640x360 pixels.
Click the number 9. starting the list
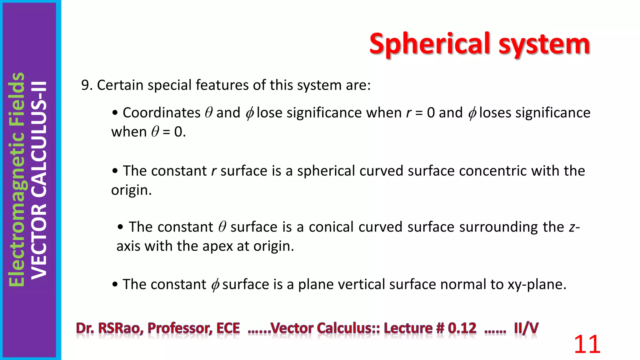click(x=87, y=85)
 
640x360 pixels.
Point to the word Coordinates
click(x=161, y=112)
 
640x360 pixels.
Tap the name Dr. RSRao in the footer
click(x=109, y=328)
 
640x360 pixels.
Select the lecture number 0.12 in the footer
click(x=462, y=328)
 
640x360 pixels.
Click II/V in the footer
click(x=526, y=328)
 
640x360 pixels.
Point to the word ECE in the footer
click(x=228, y=328)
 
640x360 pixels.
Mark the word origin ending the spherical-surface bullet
click(x=131, y=190)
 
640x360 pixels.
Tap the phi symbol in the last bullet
click(x=215, y=285)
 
